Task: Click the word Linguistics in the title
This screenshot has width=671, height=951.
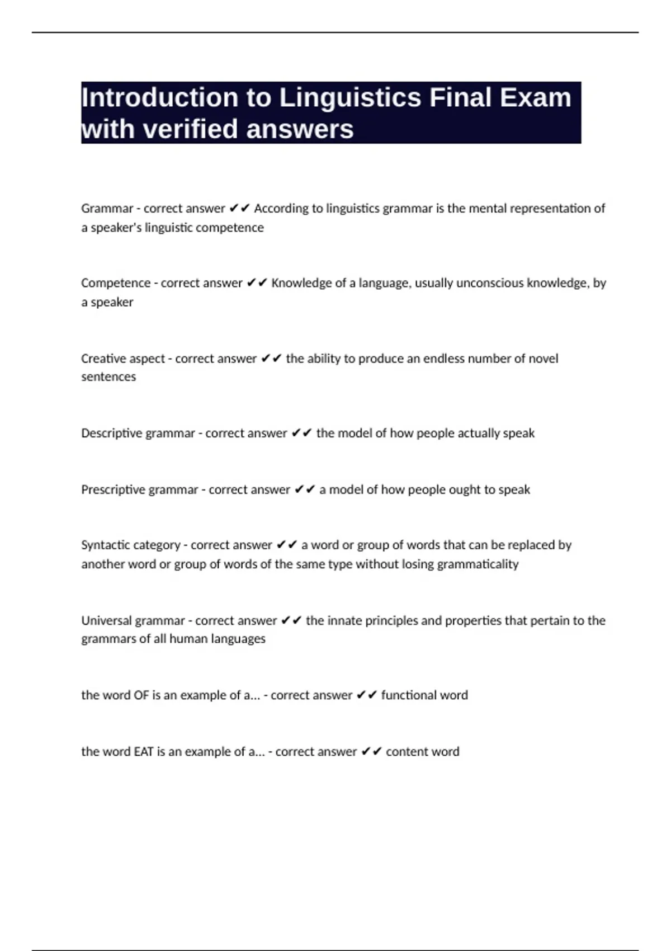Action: pos(350,97)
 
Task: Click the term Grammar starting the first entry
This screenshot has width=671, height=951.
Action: pos(107,209)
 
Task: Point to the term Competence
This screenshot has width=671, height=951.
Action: pos(116,283)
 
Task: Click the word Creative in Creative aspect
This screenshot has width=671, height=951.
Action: pos(102,359)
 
